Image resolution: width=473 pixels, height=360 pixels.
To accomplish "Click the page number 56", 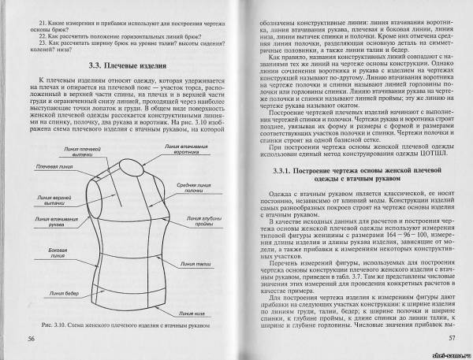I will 32,338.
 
